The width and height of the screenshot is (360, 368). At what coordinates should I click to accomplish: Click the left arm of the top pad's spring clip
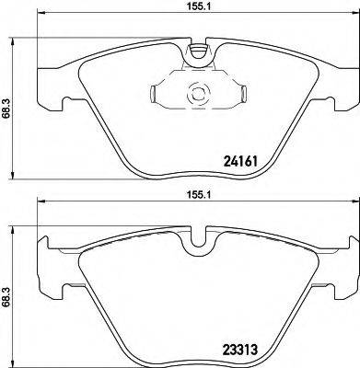click(x=158, y=92)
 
